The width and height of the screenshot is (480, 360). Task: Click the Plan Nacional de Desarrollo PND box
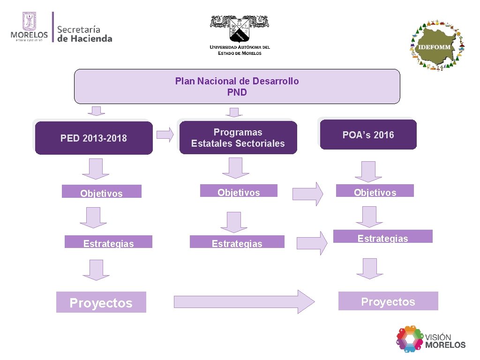click(237, 87)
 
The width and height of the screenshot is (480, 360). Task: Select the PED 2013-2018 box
click(94, 138)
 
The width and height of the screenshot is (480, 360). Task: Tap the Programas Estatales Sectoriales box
click(238, 138)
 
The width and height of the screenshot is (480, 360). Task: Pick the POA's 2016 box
click(368, 135)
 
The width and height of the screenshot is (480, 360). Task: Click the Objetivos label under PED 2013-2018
click(101, 192)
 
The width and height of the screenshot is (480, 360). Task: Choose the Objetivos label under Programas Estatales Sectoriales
click(239, 191)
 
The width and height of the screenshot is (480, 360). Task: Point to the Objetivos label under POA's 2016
click(375, 191)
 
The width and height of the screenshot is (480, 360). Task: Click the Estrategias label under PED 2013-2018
click(108, 242)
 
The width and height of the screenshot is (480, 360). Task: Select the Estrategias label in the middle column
click(237, 242)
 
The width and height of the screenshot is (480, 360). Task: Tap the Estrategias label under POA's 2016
click(382, 237)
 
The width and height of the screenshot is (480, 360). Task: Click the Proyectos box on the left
click(101, 302)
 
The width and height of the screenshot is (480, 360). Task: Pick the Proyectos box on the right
click(388, 301)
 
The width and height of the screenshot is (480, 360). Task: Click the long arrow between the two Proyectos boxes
click(244, 301)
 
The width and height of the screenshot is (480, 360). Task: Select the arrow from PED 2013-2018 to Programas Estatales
click(165, 135)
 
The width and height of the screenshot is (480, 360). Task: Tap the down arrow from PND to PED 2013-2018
click(96, 111)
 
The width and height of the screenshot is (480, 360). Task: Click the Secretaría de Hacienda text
click(84, 34)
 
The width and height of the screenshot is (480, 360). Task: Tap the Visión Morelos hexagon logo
click(410, 339)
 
